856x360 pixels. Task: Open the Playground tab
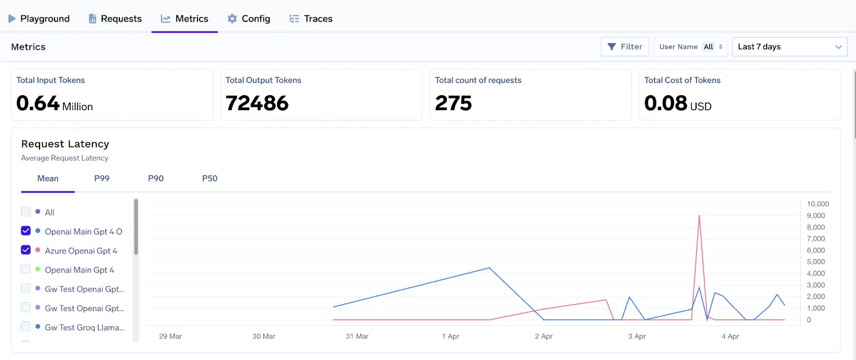pyautogui.click(x=39, y=19)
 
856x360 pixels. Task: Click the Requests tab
pyautogui.click(x=115, y=19)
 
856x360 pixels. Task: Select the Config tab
pyautogui.click(x=249, y=19)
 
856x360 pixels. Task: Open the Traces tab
pyautogui.click(x=311, y=19)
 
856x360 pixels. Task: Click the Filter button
pyautogui.click(x=625, y=47)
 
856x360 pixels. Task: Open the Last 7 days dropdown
pyautogui.click(x=789, y=47)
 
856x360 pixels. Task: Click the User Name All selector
pyautogui.click(x=691, y=47)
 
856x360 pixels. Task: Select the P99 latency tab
pyautogui.click(x=102, y=179)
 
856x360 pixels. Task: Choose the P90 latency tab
pyautogui.click(x=156, y=179)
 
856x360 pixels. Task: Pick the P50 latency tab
pyautogui.click(x=210, y=179)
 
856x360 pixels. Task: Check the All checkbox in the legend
pyautogui.click(x=26, y=212)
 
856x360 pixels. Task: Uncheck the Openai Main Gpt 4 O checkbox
pyautogui.click(x=26, y=231)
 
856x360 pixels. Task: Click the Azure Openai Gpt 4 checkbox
pyautogui.click(x=26, y=250)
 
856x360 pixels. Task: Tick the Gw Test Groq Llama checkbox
pyautogui.click(x=26, y=327)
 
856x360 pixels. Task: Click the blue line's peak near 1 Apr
pyautogui.click(x=489, y=268)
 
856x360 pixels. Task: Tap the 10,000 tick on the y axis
pyautogui.click(x=817, y=204)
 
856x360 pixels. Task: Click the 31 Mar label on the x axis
pyautogui.click(x=357, y=336)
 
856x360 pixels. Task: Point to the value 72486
pyautogui.click(x=257, y=103)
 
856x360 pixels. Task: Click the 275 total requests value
pyautogui.click(x=454, y=103)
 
